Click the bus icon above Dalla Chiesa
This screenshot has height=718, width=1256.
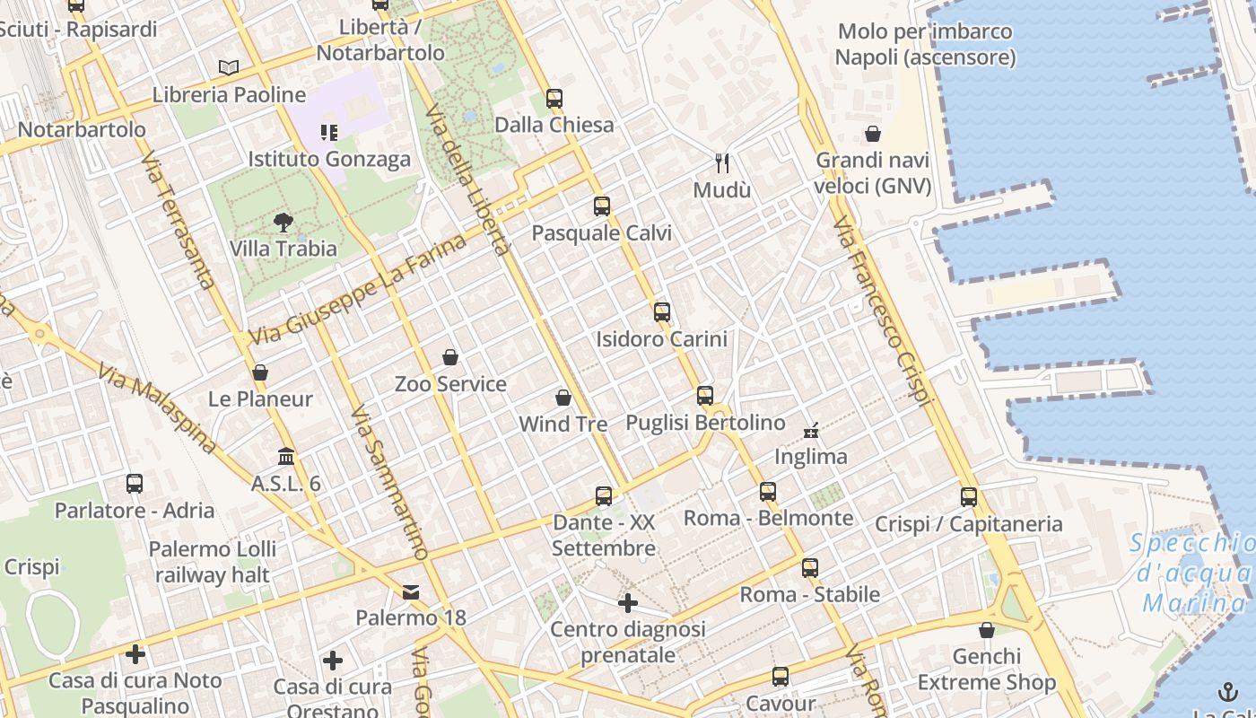tap(554, 99)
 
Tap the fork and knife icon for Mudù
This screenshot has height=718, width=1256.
tap(722, 163)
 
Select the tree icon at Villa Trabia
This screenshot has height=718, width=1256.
tap(283, 223)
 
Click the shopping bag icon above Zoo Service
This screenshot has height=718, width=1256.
tap(450, 358)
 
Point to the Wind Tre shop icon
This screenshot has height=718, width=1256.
tap(563, 398)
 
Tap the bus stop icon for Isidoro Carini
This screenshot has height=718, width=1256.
tap(662, 312)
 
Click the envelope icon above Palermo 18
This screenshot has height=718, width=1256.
tap(411, 592)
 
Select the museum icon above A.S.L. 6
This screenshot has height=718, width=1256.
tap(286, 457)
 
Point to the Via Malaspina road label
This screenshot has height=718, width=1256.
tap(158, 408)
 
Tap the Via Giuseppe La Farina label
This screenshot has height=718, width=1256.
tap(358, 289)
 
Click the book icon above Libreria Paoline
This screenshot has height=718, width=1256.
tap(229, 67)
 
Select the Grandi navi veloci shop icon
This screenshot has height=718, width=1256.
tap(873, 135)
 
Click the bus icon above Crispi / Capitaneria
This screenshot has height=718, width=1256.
tap(969, 497)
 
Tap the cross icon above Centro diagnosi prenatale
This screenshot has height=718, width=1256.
tap(628, 602)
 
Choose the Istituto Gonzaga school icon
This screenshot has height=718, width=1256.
tap(329, 133)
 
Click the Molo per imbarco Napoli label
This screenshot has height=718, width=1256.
tap(925, 45)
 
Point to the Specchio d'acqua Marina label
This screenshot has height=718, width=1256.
tap(1193, 573)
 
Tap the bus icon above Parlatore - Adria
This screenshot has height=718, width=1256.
tap(135, 484)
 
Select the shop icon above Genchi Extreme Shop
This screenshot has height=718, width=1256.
tap(987, 631)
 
